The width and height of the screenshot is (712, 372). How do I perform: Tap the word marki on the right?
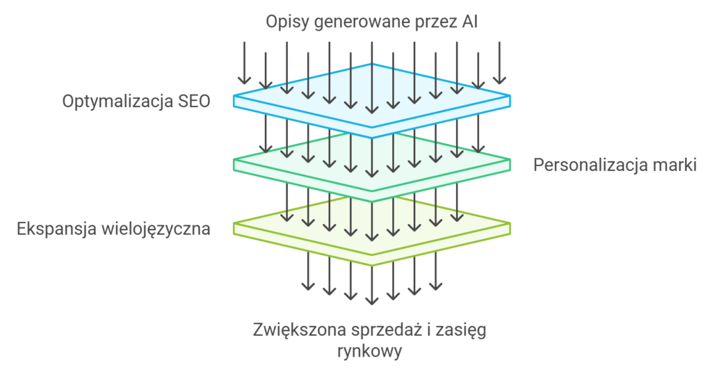click(x=674, y=165)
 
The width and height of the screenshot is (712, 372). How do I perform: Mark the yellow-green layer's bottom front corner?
click(x=372, y=264)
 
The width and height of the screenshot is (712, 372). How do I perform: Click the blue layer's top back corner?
click(x=372, y=64)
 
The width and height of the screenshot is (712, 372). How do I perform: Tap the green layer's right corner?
click(x=510, y=162)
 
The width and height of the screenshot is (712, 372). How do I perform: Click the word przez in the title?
click(x=428, y=22)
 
